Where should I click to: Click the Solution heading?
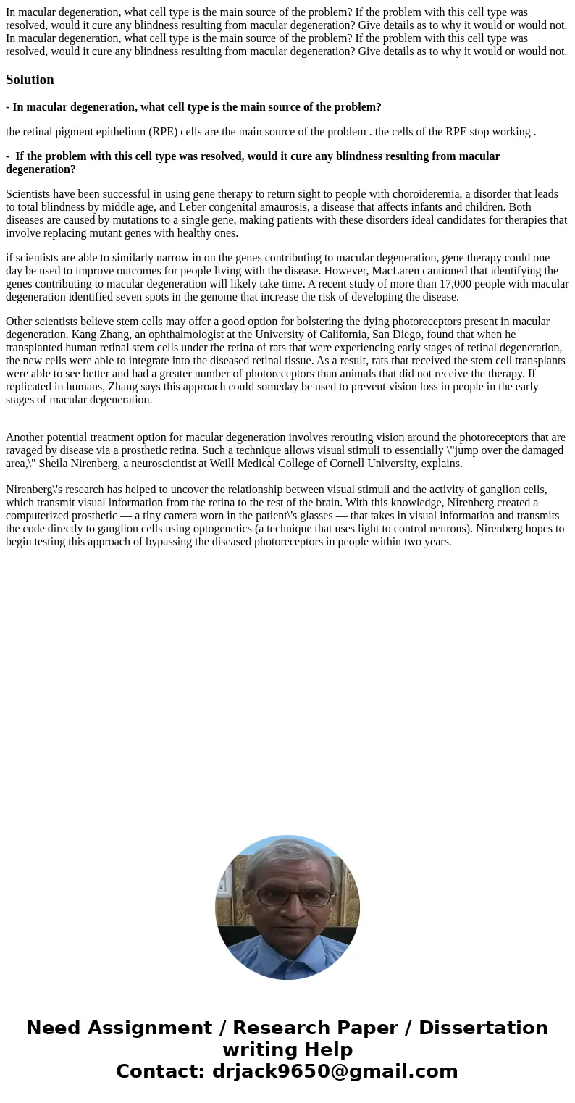(x=30, y=80)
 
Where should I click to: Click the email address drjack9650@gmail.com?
(x=335, y=1071)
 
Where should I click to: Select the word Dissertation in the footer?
(x=483, y=1028)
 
